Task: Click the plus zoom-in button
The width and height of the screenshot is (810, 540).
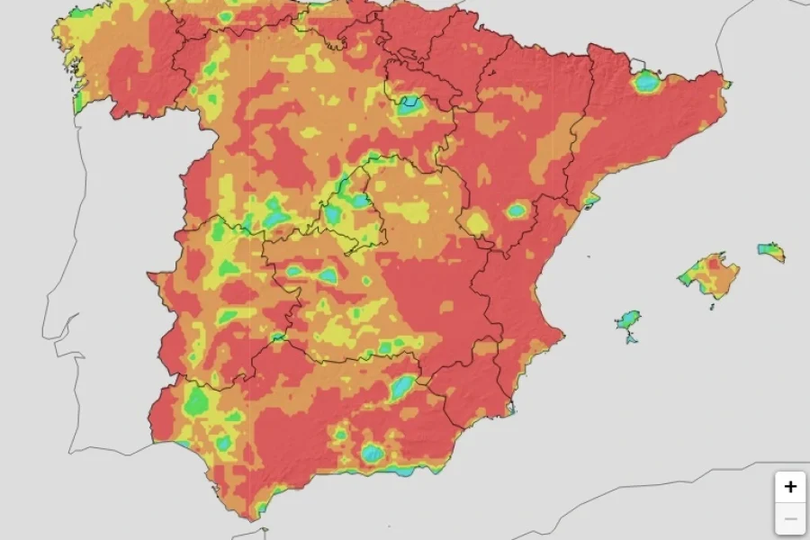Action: pyautogui.click(x=790, y=487)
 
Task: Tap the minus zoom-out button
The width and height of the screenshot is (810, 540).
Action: pyautogui.click(x=790, y=519)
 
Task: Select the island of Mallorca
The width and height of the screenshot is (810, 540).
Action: pyautogui.click(x=711, y=274)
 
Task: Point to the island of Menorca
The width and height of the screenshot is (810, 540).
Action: pyautogui.click(x=771, y=251)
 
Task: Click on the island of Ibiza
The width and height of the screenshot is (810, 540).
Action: pyautogui.click(x=629, y=320)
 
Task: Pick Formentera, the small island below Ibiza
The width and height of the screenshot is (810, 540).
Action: pyautogui.click(x=632, y=339)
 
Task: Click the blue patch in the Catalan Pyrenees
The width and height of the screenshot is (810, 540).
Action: pyautogui.click(x=646, y=82)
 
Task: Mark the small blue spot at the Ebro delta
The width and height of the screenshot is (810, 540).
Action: pyautogui.click(x=590, y=200)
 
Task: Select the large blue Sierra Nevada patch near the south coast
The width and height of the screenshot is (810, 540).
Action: pyautogui.click(x=373, y=453)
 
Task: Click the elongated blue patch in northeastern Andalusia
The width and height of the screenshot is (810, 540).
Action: pyautogui.click(x=402, y=387)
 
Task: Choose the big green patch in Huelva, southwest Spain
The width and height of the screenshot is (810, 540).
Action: pyautogui.click(x=196, y=400)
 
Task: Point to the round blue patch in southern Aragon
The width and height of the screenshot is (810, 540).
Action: pyautogui.click(x=516, y=211)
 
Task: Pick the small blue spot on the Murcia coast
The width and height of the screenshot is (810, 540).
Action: pyautogui.click(x=510, y=410)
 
